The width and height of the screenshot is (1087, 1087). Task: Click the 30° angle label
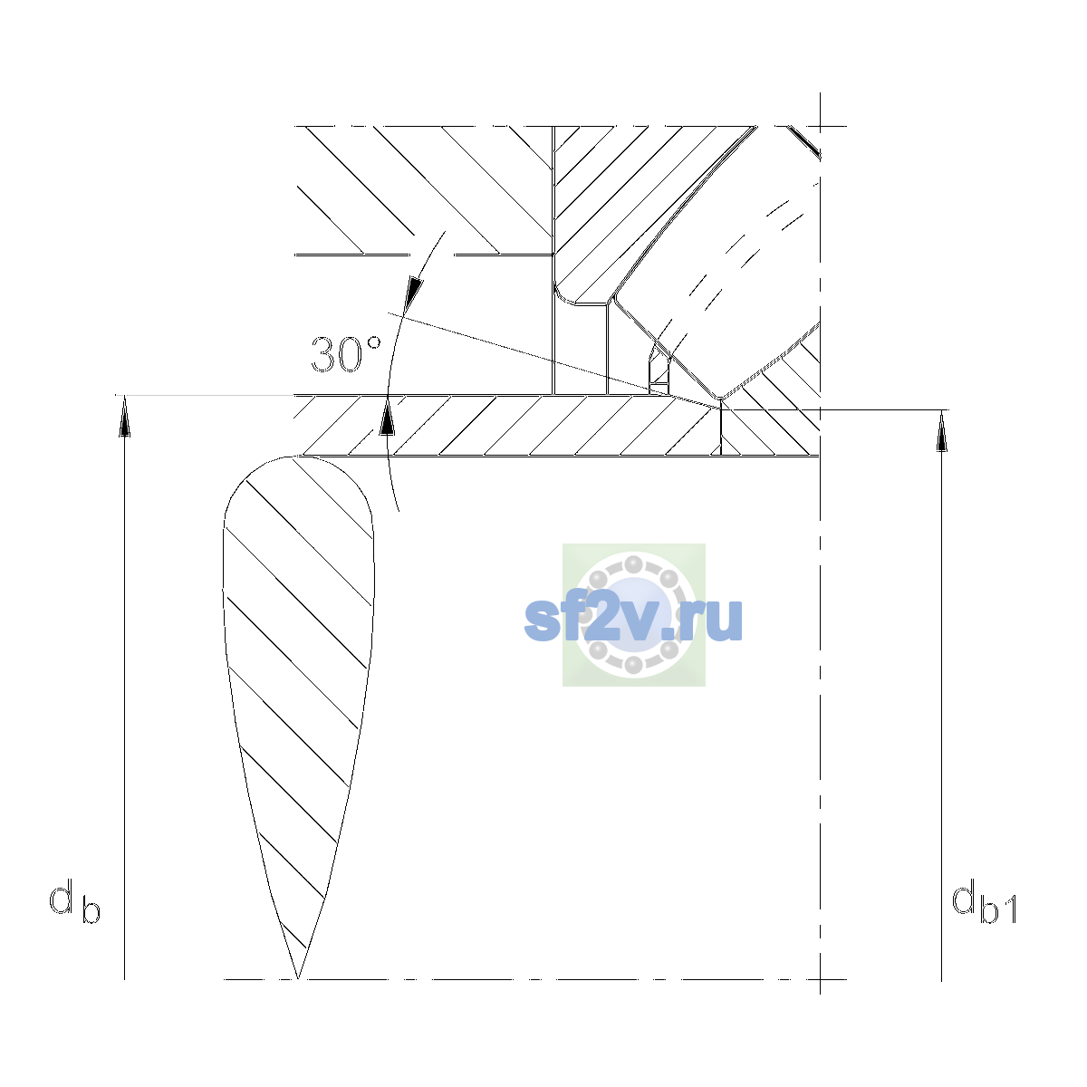coord(346,355)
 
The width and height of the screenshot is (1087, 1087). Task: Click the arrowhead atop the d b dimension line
coord(125,416)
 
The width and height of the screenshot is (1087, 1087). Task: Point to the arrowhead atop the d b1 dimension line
coord(941,431)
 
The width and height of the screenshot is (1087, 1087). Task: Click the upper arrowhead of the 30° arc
coord(414,293)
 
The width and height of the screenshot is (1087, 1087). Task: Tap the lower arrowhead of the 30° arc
coord(387,416)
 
